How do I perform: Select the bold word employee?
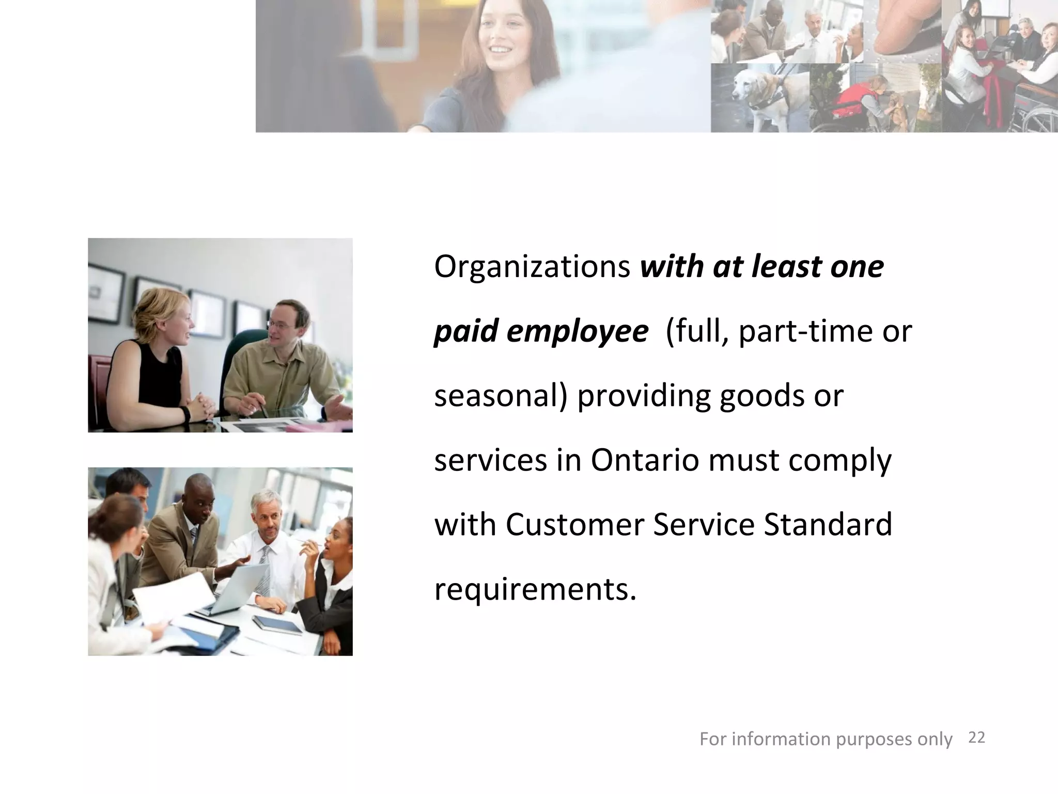coord(577,331)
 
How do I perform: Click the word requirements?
coord(535,589)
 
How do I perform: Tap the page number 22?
coord(976,738)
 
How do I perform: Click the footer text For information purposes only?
coord(826,739)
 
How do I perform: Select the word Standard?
coord(828,525)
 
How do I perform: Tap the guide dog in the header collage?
coord(752,96)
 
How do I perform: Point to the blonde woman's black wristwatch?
coord(185,414)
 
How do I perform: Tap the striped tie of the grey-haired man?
coord(264,571)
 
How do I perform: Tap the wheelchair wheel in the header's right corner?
coord(1038,116)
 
